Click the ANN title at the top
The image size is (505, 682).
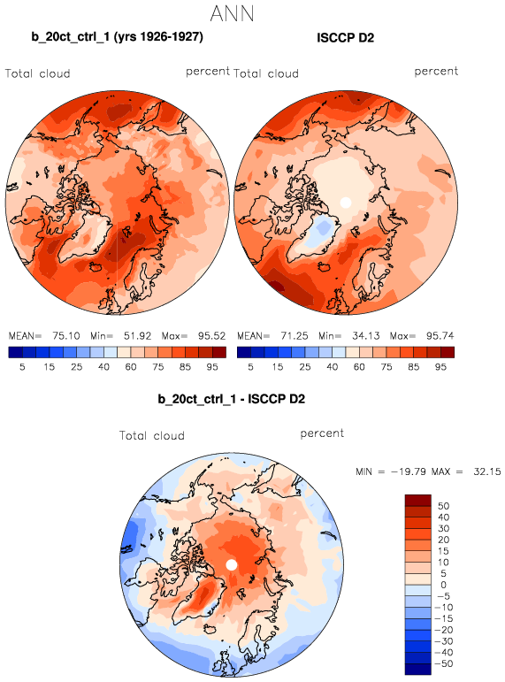[232, 13]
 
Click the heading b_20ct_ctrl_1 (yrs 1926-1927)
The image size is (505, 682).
[117, 37]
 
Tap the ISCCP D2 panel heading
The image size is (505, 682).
[346, 38]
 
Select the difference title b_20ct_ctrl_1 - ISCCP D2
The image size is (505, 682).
[232, 399]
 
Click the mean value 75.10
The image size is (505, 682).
[66, 336]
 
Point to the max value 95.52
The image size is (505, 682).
[212, 336]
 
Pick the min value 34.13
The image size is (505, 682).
[366, 336]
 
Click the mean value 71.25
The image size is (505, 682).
[295, 336]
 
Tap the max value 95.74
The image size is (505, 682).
[440, 336]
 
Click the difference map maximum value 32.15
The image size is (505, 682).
[487, 471]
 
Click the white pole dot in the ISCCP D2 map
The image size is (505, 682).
[346, 203]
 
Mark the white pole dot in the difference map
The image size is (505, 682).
[232, 565]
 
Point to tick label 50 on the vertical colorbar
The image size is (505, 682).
[443, 506]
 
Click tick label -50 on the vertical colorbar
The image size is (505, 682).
[444, 663]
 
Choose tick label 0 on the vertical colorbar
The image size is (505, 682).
[443, 585]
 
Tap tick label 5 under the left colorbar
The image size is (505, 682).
[22, 367]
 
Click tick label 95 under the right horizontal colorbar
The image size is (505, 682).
[440, 367]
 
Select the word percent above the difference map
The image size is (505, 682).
[322, 433]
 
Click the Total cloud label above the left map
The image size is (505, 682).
[38, 73]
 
